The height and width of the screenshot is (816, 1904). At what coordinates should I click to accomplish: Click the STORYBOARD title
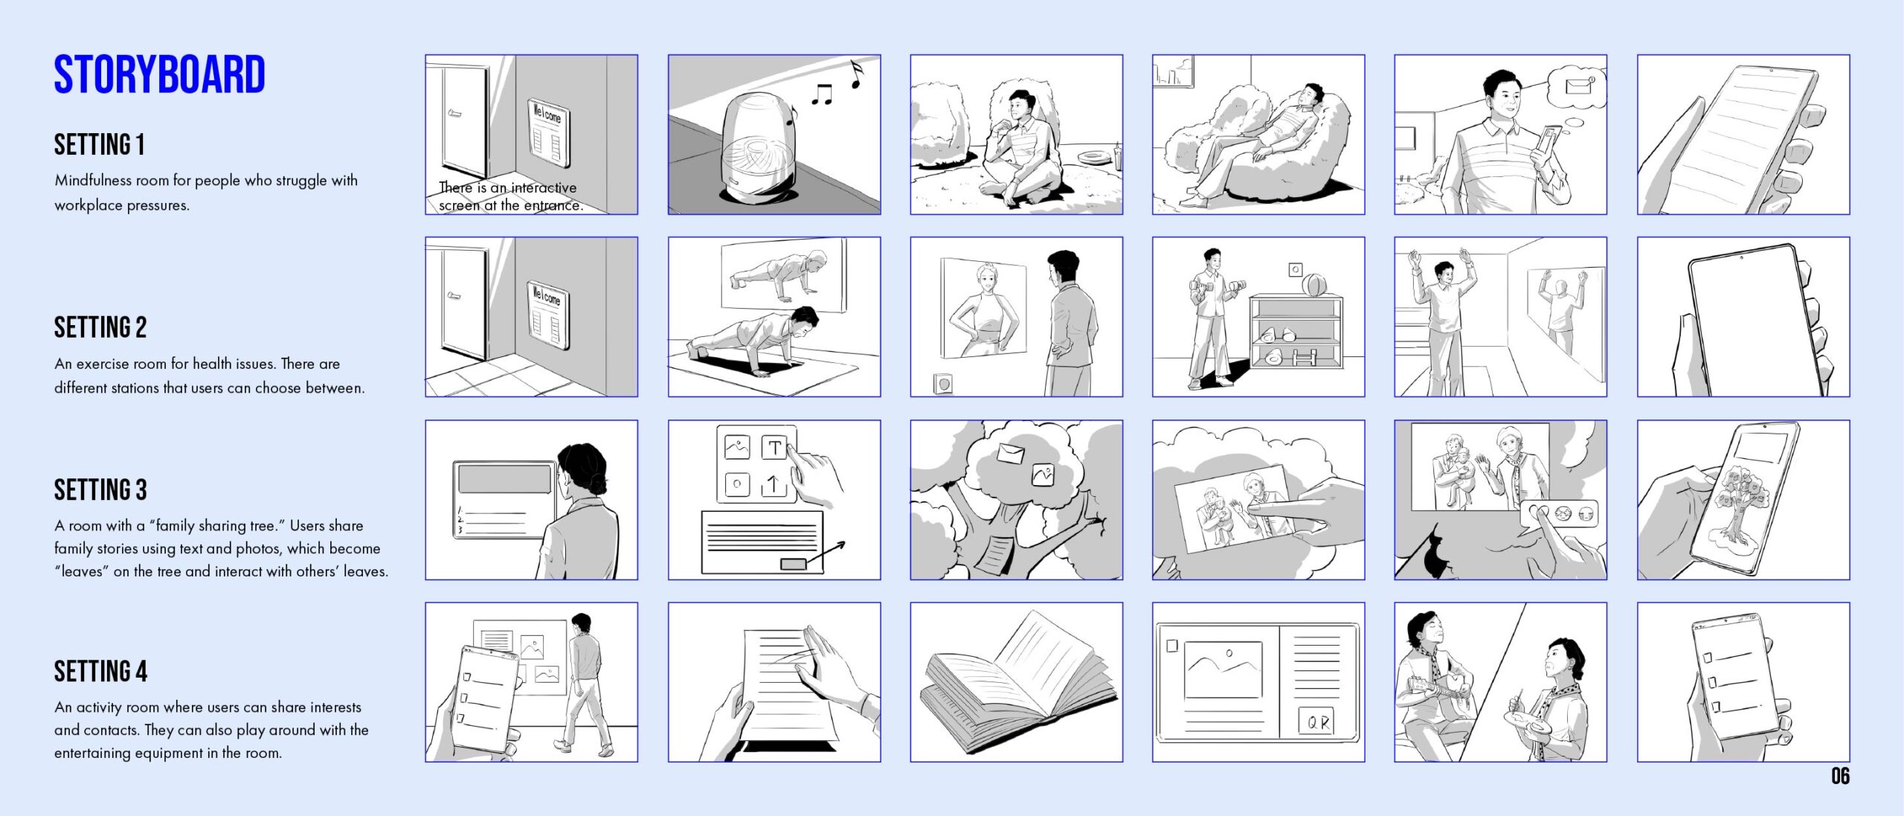click(159, 74)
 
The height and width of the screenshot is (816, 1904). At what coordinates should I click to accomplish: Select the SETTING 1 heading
click(99, 144)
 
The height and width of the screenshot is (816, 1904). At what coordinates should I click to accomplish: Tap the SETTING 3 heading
click(100, 489)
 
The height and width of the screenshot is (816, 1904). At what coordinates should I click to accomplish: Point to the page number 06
click(1840, 776)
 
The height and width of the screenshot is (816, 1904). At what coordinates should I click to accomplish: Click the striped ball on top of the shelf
click(1313, 286)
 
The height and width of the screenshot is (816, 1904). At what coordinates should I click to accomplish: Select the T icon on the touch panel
click(774, 447)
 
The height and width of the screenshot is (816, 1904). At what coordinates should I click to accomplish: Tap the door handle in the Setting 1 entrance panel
click(454, 114)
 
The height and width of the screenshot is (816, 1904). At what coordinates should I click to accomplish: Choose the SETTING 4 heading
click(100, 671)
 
